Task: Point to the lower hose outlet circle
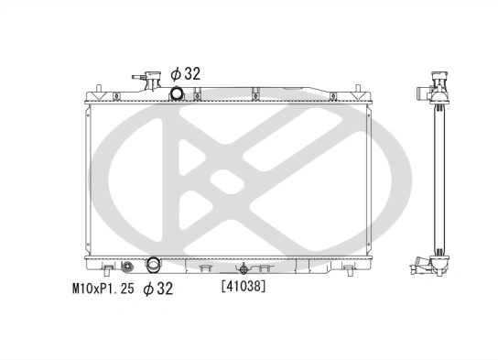coord(153,267)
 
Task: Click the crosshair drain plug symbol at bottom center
coord(244,269)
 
